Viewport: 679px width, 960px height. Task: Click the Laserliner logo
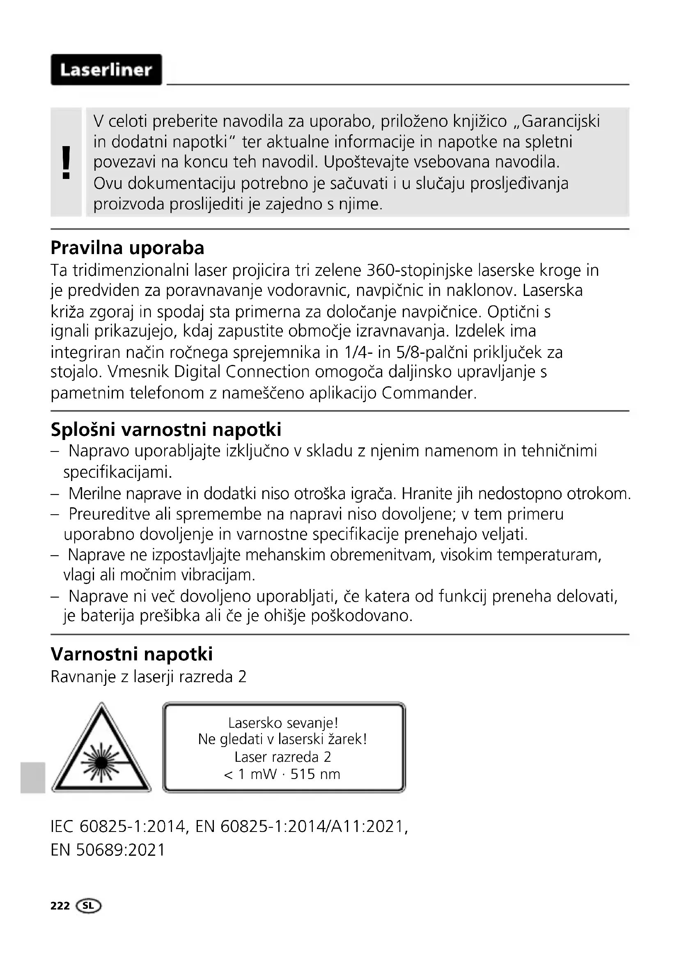tap(106, 70)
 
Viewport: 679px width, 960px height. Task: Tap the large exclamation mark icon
tap(66, 163)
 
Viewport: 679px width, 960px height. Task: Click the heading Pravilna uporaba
tap(127, 248)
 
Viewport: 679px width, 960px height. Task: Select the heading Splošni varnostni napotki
tap(166, 429)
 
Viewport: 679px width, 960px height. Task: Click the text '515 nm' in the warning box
tap(315, 774)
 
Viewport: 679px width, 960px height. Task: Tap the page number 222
tap(60, 906)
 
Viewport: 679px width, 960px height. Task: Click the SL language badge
tap(89, 906)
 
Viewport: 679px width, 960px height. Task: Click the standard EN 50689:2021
tap(108, 850)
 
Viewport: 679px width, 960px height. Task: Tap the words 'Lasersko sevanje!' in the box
tap(283, 722)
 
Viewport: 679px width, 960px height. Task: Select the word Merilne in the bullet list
tap(95, 494)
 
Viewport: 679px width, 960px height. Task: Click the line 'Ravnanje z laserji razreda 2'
tap(149, 676)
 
